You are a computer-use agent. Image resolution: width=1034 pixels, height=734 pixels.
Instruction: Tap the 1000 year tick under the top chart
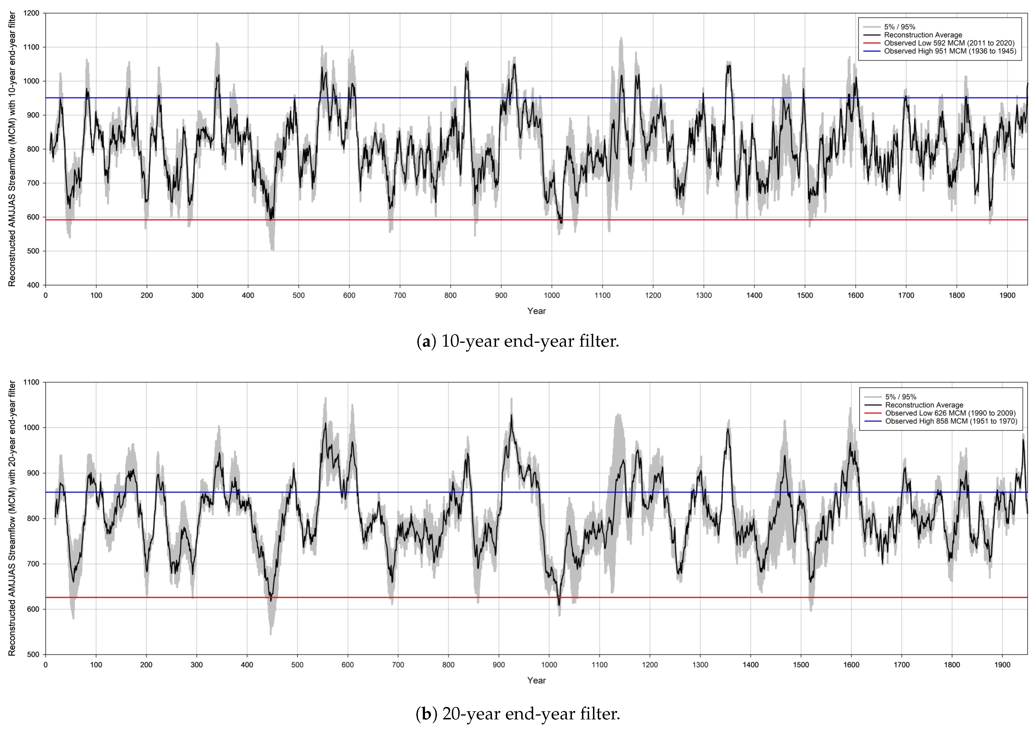551,296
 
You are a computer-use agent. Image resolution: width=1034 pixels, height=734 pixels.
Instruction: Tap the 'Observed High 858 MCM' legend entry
951,421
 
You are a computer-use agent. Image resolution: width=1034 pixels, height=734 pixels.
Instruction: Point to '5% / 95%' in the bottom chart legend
900,397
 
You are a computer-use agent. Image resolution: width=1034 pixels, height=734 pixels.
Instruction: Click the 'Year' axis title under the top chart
537,311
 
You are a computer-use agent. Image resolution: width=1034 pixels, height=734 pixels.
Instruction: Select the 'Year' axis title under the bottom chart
537,680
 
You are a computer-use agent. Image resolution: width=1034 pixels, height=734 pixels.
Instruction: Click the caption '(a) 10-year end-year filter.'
517,341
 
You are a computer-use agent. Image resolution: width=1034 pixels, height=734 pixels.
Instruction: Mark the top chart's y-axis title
12,149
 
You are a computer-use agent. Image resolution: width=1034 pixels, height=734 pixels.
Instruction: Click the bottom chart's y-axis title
12,518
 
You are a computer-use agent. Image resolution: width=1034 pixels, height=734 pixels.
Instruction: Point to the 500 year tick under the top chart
298,296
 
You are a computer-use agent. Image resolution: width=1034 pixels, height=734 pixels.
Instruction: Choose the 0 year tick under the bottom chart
46,665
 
